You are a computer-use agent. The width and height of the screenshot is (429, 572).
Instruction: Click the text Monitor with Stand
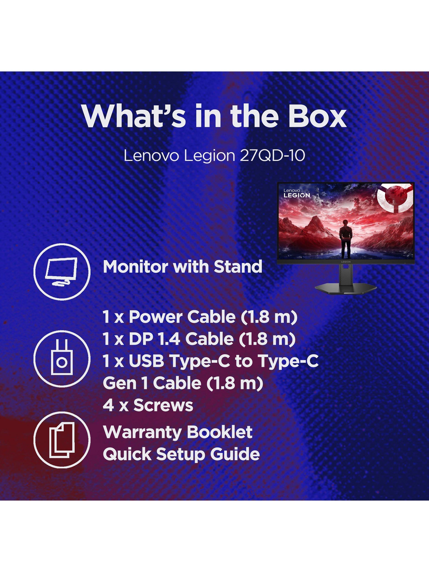pyautogui.click(x=183, y=267)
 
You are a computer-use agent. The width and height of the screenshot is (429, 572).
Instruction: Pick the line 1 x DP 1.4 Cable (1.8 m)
pyautogui.click(x=199, y=339)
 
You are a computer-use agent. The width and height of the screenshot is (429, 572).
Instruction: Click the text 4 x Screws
pyautogui.click(x=148, y=405)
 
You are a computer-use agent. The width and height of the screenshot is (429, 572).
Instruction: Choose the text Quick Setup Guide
pyautogui.click(x=181, y=455)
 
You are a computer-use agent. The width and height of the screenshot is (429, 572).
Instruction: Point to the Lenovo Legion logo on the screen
pyautogui.click(x=297, y=193)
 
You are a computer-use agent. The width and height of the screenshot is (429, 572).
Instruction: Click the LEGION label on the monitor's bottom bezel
pyautogui.click(x=346, y=262)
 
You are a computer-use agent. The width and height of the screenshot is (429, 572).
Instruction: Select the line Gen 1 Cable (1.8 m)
pyautogui.click(x=183, y=383)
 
